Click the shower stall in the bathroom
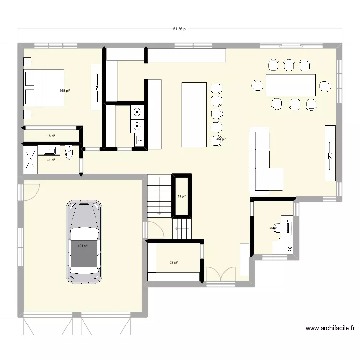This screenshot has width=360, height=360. [33, 159]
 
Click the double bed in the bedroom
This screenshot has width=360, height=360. [44, 87]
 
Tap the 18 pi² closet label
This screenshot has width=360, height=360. [50, 136]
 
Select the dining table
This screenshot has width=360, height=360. [291, 85]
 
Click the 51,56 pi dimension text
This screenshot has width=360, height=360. [180, 29]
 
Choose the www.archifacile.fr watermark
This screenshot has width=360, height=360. [330, 329]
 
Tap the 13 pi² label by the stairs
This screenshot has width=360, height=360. [181, 196]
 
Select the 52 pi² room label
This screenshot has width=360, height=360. [173, 262]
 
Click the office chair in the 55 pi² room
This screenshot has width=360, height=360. [277, 227]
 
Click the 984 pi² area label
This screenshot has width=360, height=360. [221, 139]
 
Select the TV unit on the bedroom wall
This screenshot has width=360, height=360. [96, 87]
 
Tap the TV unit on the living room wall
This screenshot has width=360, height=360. [330, 153]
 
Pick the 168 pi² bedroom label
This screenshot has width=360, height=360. [65, 90]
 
